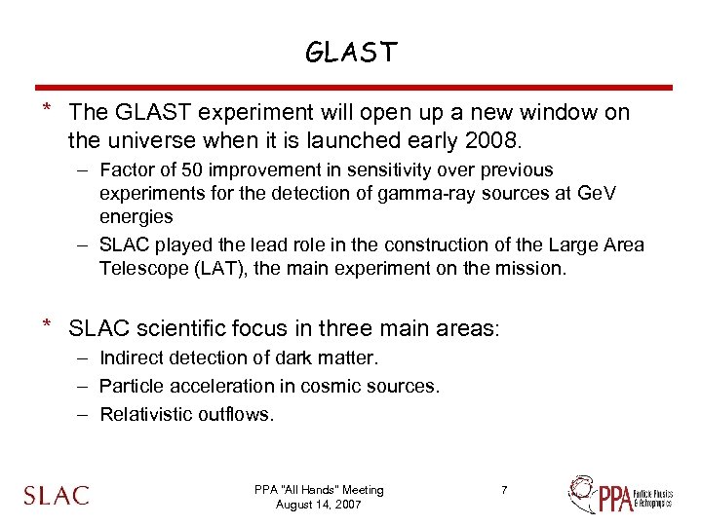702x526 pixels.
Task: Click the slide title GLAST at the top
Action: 351,53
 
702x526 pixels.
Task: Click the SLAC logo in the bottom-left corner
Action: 57,495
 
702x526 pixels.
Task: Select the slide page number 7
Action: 504,490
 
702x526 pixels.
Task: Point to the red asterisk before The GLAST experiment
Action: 45,110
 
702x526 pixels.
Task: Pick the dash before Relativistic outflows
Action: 84,415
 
